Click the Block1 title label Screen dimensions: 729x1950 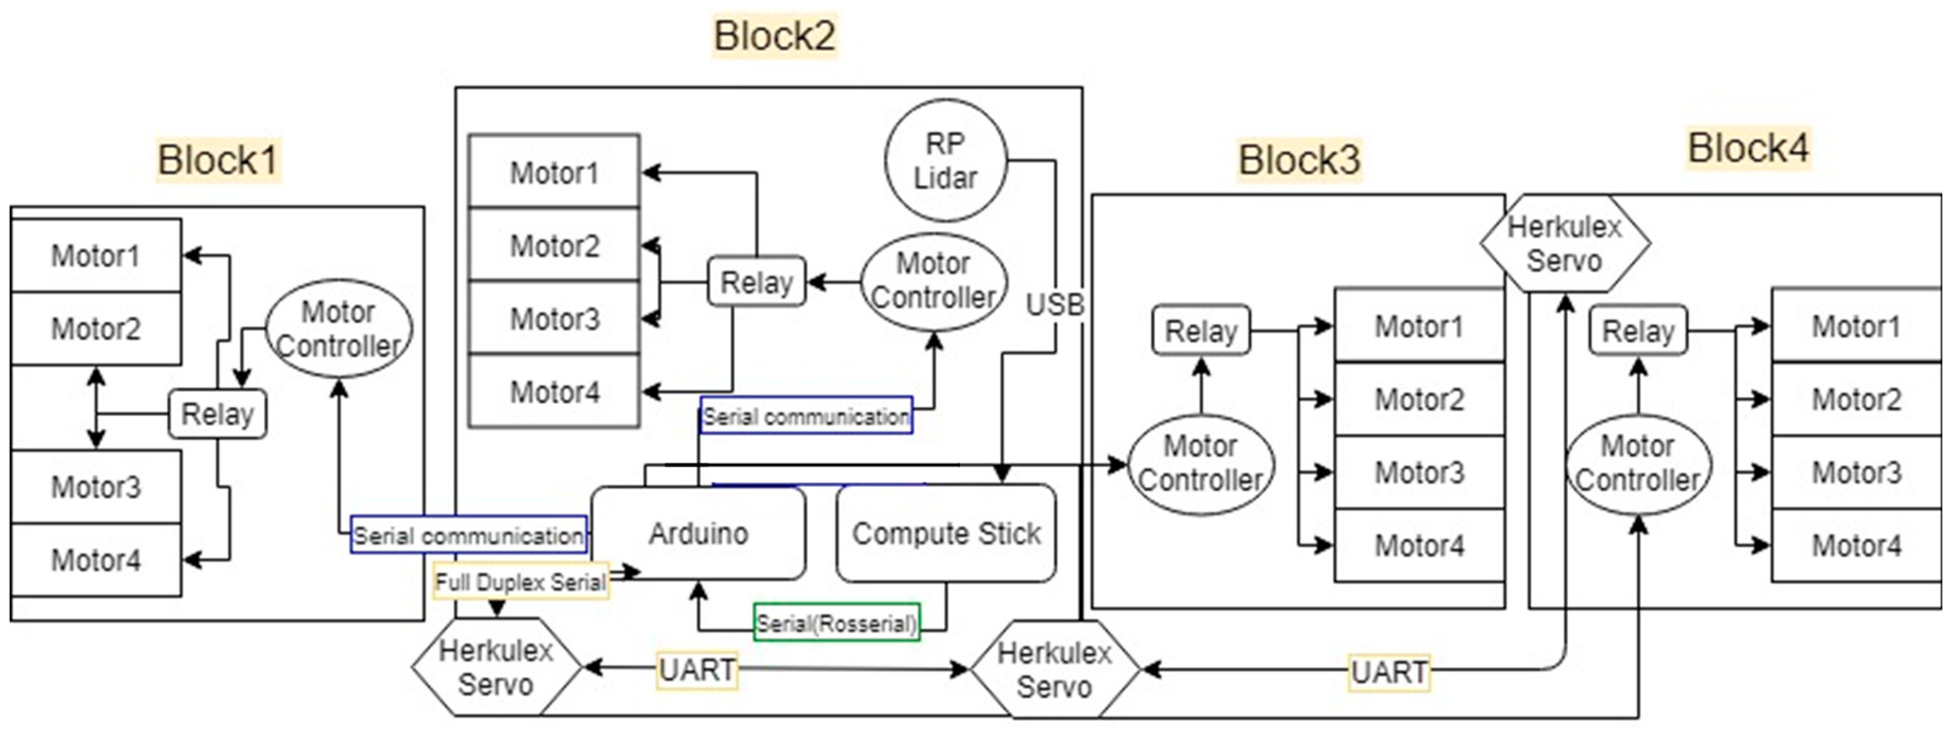218,160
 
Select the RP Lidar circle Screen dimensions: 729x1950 945,160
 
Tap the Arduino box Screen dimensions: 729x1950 698,534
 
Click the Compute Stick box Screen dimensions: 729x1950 946,534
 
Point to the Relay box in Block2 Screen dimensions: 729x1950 756,282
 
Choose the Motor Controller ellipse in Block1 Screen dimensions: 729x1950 338,328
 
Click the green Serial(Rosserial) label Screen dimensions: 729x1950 836,623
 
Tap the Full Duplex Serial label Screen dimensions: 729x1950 521,581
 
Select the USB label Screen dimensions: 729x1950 1055,304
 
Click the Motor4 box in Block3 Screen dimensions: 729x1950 1419,545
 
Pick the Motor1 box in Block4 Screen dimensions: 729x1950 1856,326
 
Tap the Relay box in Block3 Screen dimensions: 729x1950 1200,330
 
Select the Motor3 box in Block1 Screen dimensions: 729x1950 96,487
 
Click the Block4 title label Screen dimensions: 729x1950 1748,148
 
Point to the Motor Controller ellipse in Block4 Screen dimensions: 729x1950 1638,463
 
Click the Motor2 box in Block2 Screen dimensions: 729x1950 554,245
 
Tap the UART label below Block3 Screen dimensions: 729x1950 1389,672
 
